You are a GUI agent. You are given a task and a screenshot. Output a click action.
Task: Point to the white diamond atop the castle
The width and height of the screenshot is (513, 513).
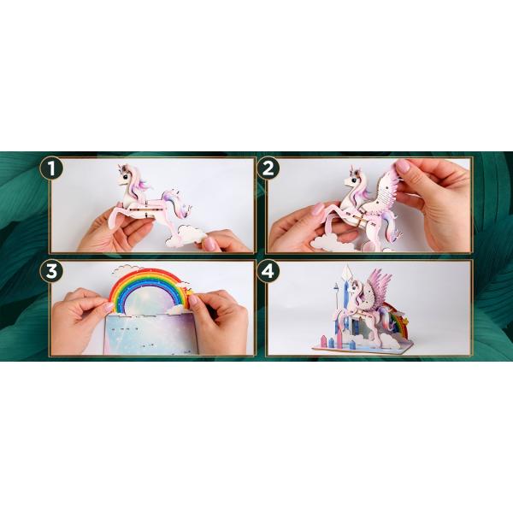(346, 273)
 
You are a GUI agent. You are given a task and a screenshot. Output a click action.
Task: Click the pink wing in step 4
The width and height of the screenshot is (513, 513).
(377, 286)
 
